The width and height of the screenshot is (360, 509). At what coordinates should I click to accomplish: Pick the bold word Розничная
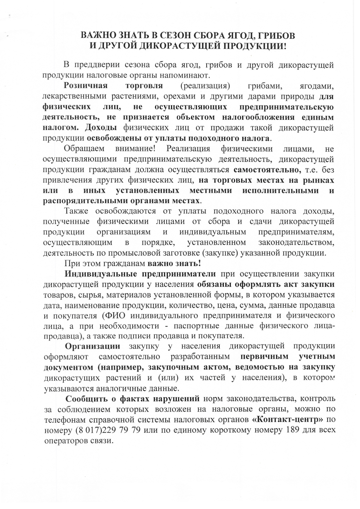(x=86, y=86)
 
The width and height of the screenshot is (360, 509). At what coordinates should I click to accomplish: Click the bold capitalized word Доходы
(x=101, y=128)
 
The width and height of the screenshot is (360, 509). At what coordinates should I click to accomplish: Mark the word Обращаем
(x=84, y=149)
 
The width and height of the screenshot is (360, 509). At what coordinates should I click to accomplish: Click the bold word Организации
(x=93, y=346)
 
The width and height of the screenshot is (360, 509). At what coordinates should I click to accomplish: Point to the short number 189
(x=293, y=430)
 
